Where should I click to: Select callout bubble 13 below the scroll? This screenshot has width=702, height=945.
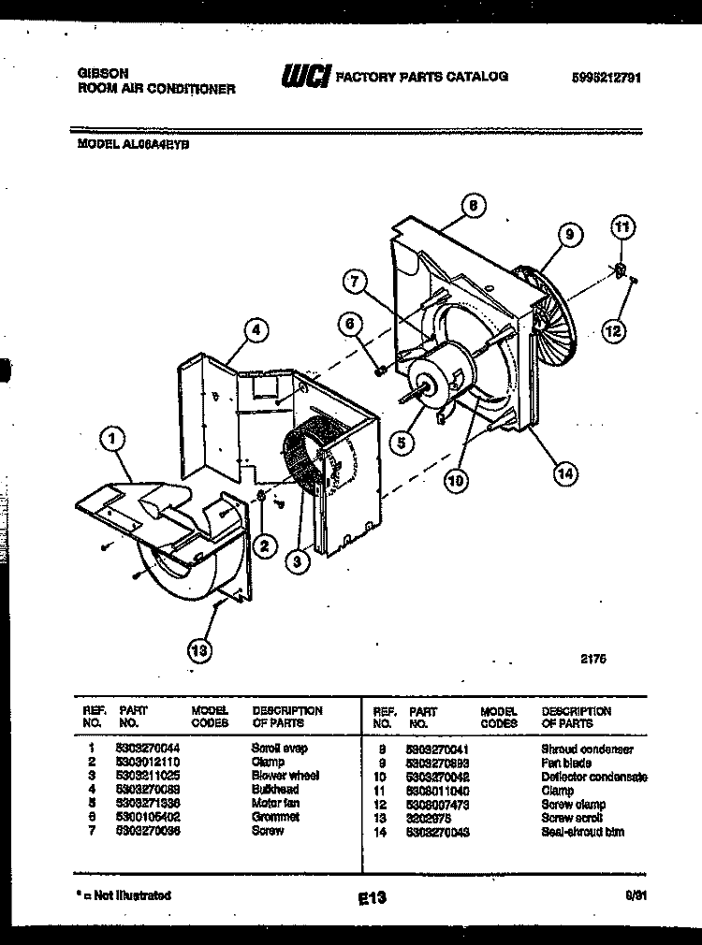[198, 648]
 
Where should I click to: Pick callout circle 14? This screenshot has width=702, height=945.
[563, 473]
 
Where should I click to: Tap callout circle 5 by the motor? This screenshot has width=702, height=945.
[401, 443]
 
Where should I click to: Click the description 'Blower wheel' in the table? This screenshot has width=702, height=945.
[285, 776]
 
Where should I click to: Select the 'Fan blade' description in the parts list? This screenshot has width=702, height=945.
[565, 763]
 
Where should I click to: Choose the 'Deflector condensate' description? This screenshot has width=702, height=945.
[593, 777]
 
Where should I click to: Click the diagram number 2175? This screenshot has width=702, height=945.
[593, 658]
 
